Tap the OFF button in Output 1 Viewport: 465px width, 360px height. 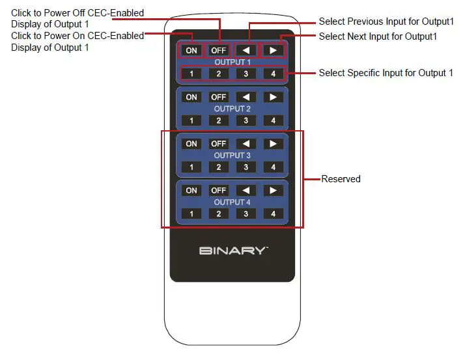click(219, 50)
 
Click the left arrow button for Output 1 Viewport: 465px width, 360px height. click(246, 50)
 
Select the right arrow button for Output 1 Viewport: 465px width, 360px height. click(273, 50)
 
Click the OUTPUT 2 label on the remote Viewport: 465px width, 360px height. click(232, 109)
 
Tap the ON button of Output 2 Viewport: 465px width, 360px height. click(191, 97)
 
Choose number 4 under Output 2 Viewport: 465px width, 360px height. click(273, 120)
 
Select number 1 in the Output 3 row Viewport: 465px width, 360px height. click(191, 167)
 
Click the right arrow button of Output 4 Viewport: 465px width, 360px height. click(273, 191)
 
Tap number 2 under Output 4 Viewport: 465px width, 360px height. click(219, 214)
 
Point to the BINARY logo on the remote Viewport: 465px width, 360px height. click(233, 251)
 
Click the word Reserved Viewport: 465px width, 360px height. click(341, 178)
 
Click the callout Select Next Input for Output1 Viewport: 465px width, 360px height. click(378, 36)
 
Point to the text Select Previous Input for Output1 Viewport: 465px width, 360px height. click(386, 21)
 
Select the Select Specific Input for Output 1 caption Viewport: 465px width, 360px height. click(386, 73)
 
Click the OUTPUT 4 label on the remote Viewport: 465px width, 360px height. click(232, 202)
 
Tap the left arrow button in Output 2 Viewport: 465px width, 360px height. click(246, 97)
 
